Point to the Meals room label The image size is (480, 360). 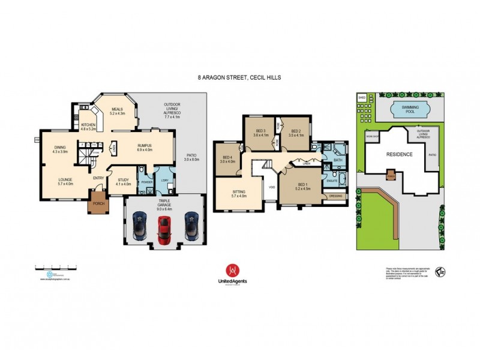(x=116, y=110)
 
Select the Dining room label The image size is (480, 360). (x=60, y=148)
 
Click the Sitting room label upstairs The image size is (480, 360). (x=239, y=193)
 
